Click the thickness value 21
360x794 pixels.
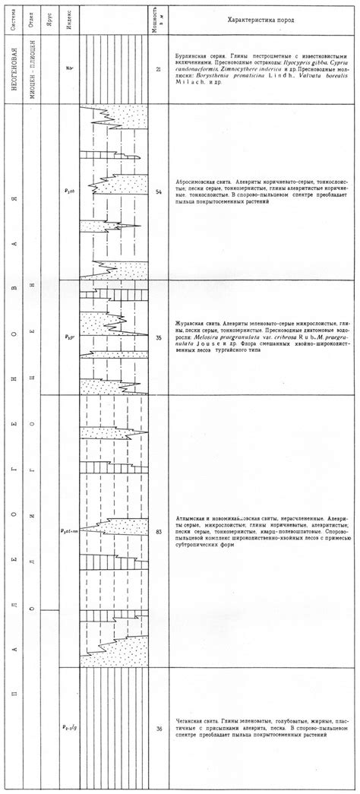coord(158,69)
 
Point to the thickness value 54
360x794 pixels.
coord(158,192)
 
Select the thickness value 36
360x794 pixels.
coord(158,729)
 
